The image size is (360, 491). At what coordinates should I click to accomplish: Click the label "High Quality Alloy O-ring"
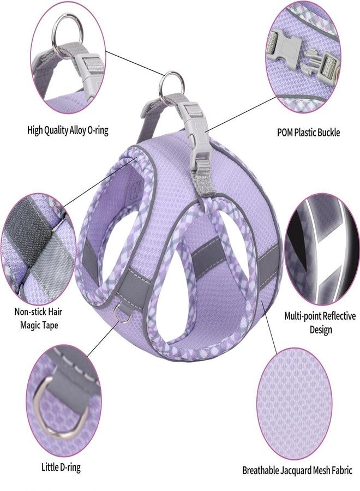68,130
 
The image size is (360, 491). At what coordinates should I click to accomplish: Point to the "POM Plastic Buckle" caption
308,132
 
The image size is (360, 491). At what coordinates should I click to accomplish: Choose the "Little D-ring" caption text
61,467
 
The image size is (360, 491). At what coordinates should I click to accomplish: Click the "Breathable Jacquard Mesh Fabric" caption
297,470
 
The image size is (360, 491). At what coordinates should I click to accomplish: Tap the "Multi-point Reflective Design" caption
320,322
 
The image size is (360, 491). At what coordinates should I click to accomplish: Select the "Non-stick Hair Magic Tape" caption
39,318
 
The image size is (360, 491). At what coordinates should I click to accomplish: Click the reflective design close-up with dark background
322,249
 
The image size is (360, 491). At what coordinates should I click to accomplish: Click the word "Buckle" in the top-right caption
328,132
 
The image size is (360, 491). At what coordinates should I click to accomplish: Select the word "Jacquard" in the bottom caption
296,470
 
